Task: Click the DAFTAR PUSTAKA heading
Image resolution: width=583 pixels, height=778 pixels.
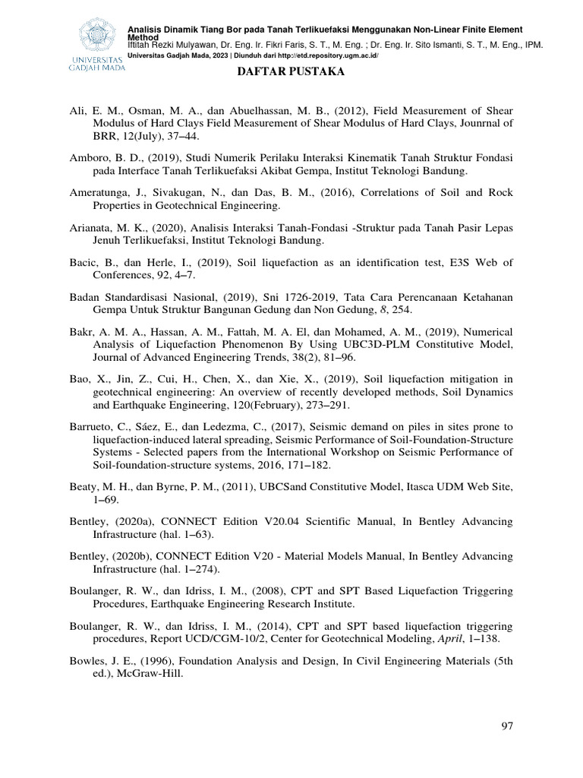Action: coord(291,71)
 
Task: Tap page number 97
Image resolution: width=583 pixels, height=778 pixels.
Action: coord(508,726)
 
